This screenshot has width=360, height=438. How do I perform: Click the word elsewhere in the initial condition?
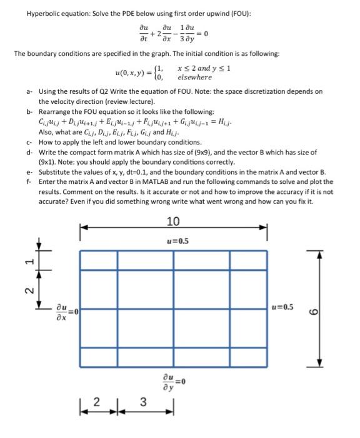coord(194,78)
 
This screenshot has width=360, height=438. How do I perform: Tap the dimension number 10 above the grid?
coord(173,221)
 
